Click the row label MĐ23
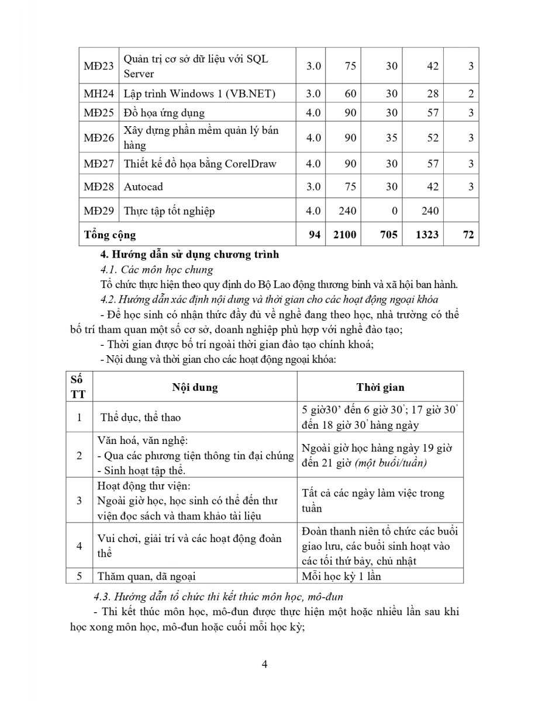point(99,66)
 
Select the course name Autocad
point(143,187)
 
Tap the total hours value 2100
point(344,234)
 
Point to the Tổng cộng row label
point(110,235)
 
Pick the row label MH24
point(99,93)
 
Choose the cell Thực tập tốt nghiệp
point(169,211)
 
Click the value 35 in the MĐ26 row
point(391,138)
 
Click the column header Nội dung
point(195,387)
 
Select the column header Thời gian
point(380,387)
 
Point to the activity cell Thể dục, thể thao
point(140,417)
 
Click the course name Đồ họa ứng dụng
point(164,113)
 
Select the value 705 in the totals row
point(388,234)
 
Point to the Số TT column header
point(78,387)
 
